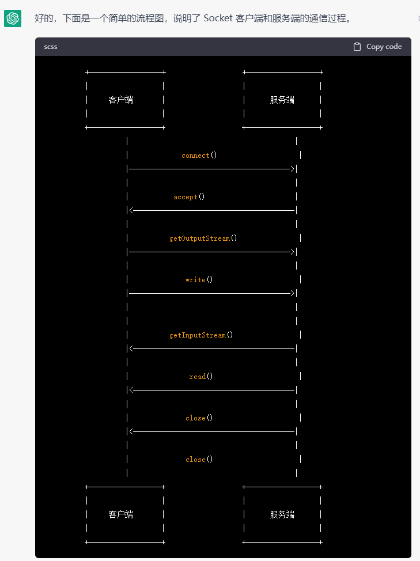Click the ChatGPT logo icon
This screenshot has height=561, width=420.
click(13, 18)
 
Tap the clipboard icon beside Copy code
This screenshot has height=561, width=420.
click(357, 47)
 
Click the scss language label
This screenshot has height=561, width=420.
click(51, 47)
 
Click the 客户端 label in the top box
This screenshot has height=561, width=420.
click(120, 100)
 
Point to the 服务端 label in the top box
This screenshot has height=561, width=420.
click(282, 100)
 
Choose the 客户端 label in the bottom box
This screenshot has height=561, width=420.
click(120, 514)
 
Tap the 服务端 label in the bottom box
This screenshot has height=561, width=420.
click(282, 514)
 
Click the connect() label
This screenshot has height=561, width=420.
click(199, 156)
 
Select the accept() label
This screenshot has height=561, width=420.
click(190, 197)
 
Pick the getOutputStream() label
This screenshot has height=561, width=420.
click(203, 238)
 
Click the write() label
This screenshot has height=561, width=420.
click(199, 280)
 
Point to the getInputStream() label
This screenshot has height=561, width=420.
click(201, 335)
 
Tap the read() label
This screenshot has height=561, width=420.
click(201, 377)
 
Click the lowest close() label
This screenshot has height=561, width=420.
click(199, 460)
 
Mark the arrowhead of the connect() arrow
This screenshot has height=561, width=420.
click(293, 169)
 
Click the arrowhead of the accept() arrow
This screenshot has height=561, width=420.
click(133, 211)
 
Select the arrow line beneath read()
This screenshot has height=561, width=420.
click(213, 391)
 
